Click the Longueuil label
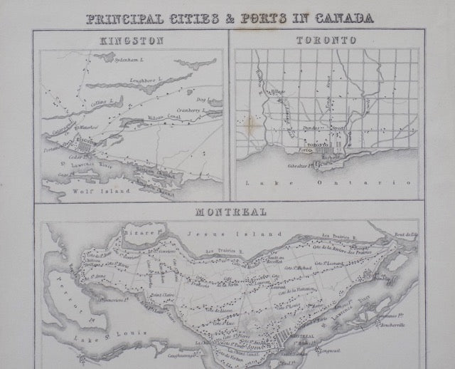click(x=334, y=349)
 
